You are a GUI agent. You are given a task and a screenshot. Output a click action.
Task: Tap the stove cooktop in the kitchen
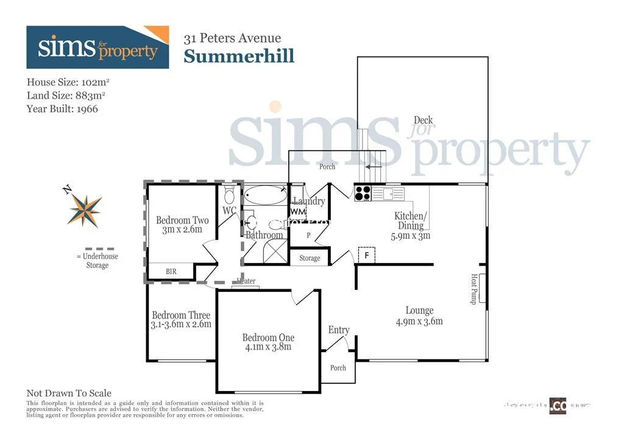pyautogui.click(x=363, y=193)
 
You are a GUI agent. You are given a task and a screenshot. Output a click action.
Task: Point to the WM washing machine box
pyautogui.click(x=297, y=211)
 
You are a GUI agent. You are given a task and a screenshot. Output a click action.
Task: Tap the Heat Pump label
pyautogui.click(x=473, y=289)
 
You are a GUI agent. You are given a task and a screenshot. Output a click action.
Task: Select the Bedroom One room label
pyautogui.click(x=268, y=337)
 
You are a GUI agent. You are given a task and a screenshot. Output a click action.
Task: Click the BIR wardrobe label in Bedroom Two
pyautogui.click(x=171, y=272)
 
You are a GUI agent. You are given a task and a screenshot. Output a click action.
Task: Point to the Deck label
pyautogui.click(x=423, y=120)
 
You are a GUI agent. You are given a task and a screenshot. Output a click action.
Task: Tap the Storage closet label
pyautogui.click(x=310, y=258)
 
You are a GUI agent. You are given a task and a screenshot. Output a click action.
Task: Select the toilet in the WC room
pyautogui.click(x=229, y=196)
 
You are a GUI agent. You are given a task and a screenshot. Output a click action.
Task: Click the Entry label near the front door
pyautogui.click(x=339, y=330)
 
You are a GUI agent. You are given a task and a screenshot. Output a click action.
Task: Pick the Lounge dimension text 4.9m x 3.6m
pyautogui.click(x=419, y=321)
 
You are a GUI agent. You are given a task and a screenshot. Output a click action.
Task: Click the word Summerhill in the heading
pyautogui.click(x=239, y=56)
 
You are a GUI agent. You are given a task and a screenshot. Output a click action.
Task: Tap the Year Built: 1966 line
pyautogui.click(x=62, y=109)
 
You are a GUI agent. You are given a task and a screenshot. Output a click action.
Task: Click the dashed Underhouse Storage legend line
pyautogui.click(x=97, y=249)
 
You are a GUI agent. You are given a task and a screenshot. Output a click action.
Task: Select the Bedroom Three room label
pyautogui.click(x=181, y=315)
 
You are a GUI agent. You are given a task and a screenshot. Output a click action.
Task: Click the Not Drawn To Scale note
pyautogui.click(x=69, y=393)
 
